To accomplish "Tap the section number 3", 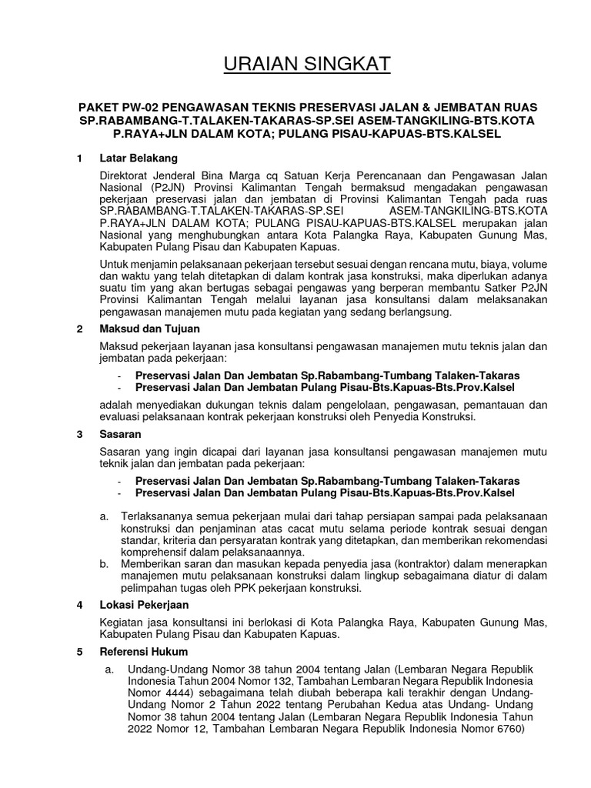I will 80,435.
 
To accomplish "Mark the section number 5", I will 80,652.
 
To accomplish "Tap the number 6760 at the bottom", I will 507,730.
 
